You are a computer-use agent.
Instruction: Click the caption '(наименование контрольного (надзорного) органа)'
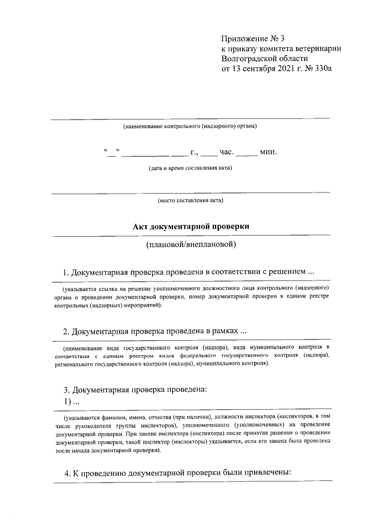pyautogui.click(x=190, y=126)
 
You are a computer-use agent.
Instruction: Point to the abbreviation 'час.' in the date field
pyautogui.click(x=226, y=152)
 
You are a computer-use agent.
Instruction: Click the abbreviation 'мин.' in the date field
pyautogui.click(x=269, y=152)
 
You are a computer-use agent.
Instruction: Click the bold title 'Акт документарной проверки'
pyautogui.click(x=190, y=227)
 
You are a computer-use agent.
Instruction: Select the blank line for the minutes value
pyautogui.click(x=247, y=155)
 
